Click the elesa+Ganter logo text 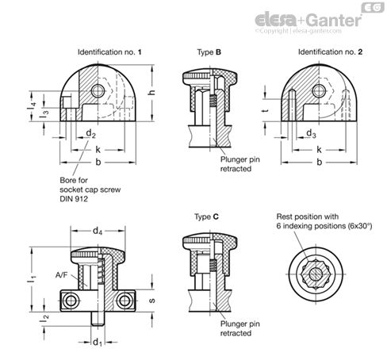308,20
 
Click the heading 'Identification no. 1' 109,52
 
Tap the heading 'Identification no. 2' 330,52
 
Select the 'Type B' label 209,52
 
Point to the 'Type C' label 206,217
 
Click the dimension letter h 151,92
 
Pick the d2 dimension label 90,133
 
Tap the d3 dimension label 311,133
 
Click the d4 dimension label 98,231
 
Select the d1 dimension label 98,342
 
